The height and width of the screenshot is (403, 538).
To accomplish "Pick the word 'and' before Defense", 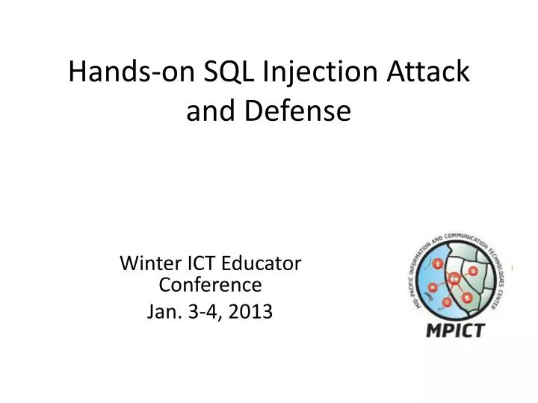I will click(x=209, y=111).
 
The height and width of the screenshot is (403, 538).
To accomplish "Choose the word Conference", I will click(x=211, y=284).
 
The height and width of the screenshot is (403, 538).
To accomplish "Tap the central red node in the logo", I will click(x=454, y=279).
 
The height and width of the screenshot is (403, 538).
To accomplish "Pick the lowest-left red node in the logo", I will click(x=446, y=302).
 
